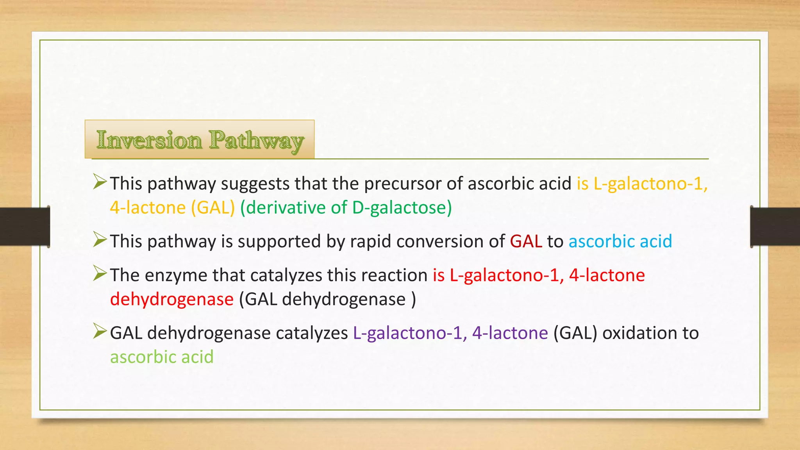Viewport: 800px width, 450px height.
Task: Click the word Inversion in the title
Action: click(x=149, y=140)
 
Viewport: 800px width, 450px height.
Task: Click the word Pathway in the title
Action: click(x=256, y=141)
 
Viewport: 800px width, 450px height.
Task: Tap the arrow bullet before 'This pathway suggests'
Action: click(x=100, y=182)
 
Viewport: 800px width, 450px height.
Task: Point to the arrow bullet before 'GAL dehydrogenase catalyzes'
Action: click(x=100, y=332)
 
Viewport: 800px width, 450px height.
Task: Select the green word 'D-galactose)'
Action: click(x=402, y=208)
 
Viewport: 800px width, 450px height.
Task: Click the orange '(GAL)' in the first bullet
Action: click(x=213, y=208)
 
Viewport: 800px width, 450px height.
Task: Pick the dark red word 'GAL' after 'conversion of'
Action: click(x=526, y=241)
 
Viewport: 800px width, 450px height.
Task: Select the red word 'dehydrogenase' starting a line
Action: click(x=172, y=300)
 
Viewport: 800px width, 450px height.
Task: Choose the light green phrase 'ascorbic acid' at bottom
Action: click(x=162, y=357)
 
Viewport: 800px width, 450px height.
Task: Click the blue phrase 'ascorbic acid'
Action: click(x=620, y=241)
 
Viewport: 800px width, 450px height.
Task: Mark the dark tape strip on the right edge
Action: click(x=775, y=227)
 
